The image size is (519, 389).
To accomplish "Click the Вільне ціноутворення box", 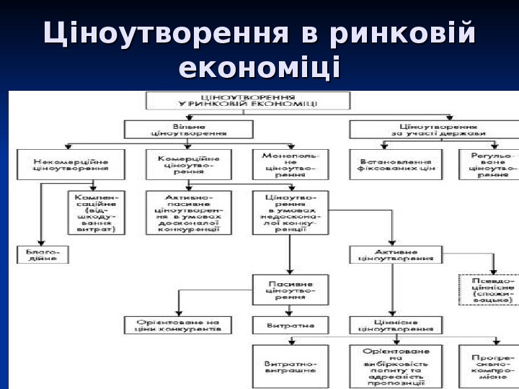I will click(x=189, y=129).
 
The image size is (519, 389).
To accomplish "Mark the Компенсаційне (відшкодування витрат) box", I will click(x=96, y=213).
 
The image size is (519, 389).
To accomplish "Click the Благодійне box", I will click(x=43, y=254).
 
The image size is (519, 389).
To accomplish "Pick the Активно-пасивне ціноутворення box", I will click(x=187, y=213).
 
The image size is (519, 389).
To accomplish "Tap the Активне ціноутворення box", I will click(x=396, y=254).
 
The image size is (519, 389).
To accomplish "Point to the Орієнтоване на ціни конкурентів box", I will click(x=177, y=325).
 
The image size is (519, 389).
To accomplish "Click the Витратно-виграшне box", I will click(x=290, y=366).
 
